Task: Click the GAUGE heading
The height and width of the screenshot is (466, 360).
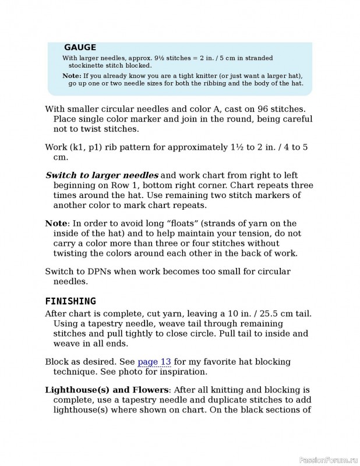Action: (80, 48)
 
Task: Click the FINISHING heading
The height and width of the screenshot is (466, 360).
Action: (70, 301)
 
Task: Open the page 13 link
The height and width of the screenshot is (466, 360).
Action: (154, 362)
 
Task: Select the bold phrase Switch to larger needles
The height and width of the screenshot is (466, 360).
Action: (102, 175)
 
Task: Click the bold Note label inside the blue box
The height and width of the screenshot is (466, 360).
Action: (72, 76)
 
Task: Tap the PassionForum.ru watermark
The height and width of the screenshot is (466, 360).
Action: (327, 460)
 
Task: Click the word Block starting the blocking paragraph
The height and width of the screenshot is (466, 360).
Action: (57, 362)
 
